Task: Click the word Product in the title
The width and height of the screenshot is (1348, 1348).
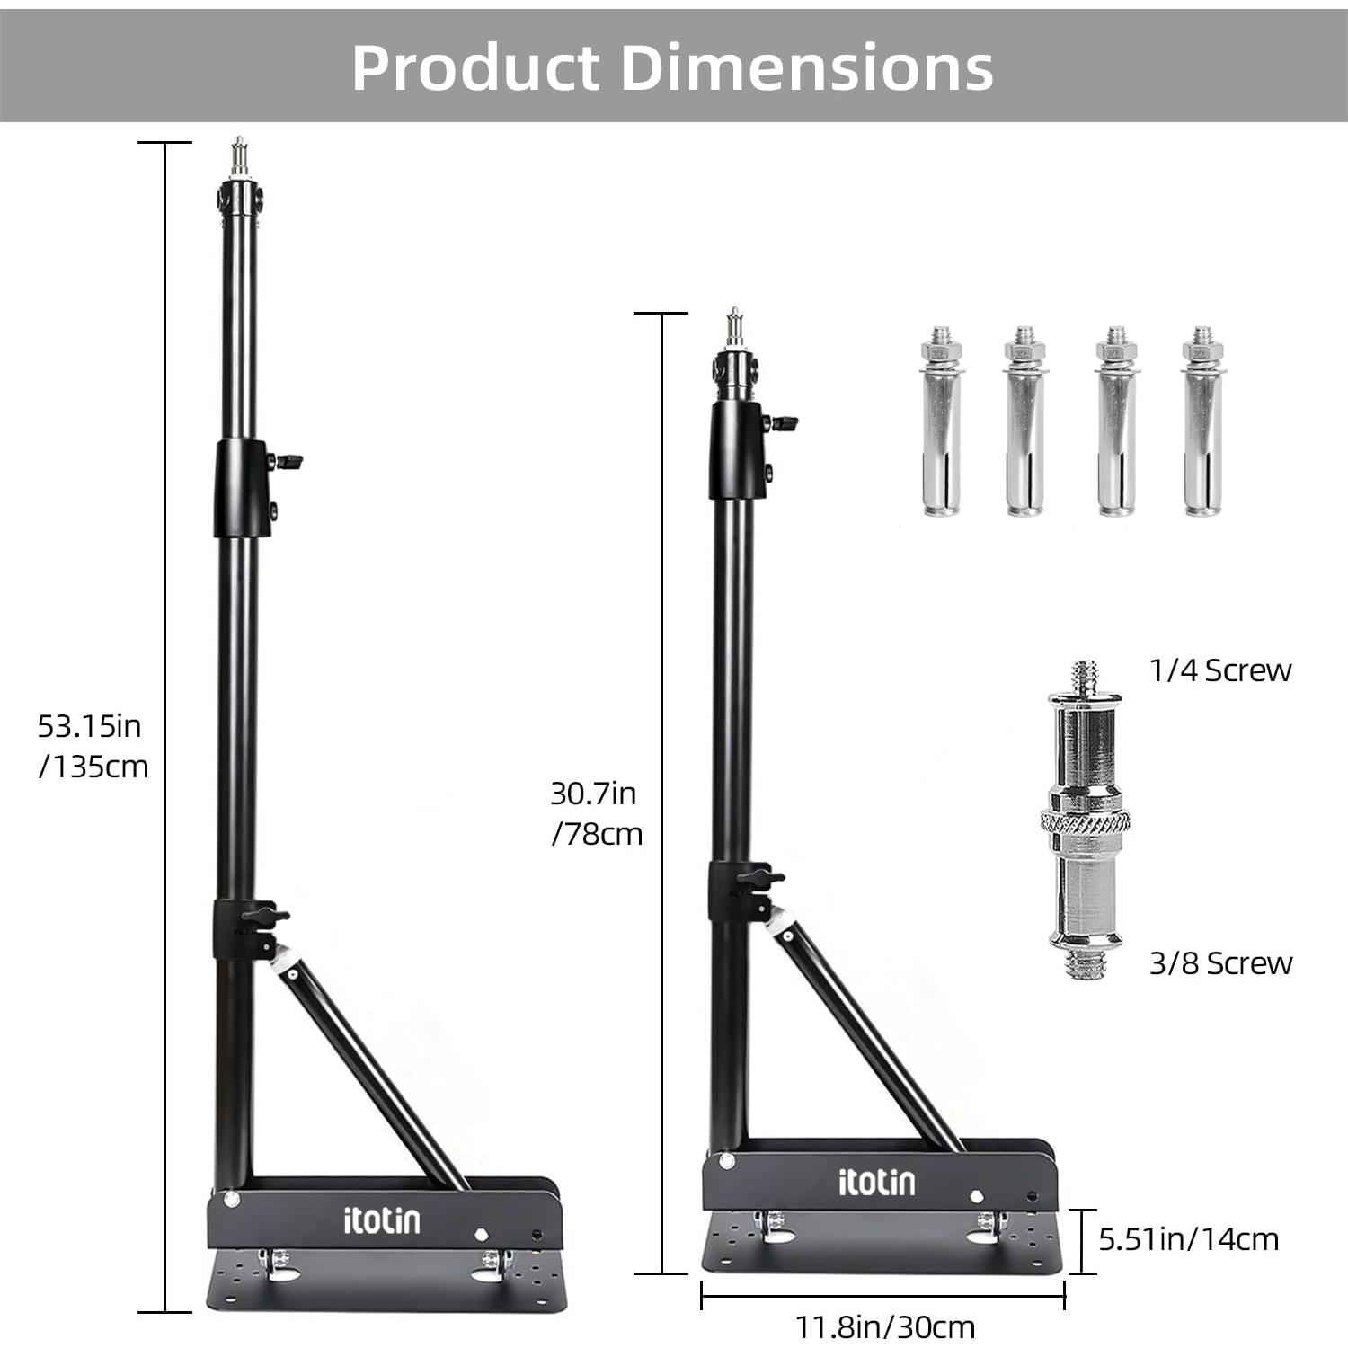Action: pos(474,67)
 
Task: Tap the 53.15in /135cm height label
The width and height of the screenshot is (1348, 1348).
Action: pos(92,745)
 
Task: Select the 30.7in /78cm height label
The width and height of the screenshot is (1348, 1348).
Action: pos(596,813)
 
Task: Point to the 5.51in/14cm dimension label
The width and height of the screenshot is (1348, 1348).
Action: pos(1188,1239)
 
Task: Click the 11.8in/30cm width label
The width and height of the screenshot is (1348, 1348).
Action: pos(884,1326)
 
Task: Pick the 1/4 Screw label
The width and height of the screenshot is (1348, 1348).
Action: pos(1219,670)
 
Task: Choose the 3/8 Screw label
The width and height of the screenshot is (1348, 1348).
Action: pos(1220,963)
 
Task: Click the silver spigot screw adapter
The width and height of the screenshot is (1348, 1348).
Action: pos(1086,820)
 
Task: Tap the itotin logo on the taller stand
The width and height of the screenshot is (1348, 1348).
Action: pos(381,1219)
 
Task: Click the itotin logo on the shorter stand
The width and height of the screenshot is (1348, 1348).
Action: pos(876,1182)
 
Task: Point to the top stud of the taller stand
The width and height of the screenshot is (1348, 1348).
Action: pos(239,157)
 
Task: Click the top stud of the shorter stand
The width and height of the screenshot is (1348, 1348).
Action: pos(735,328)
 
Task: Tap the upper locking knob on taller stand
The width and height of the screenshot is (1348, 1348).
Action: pos(289,462)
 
